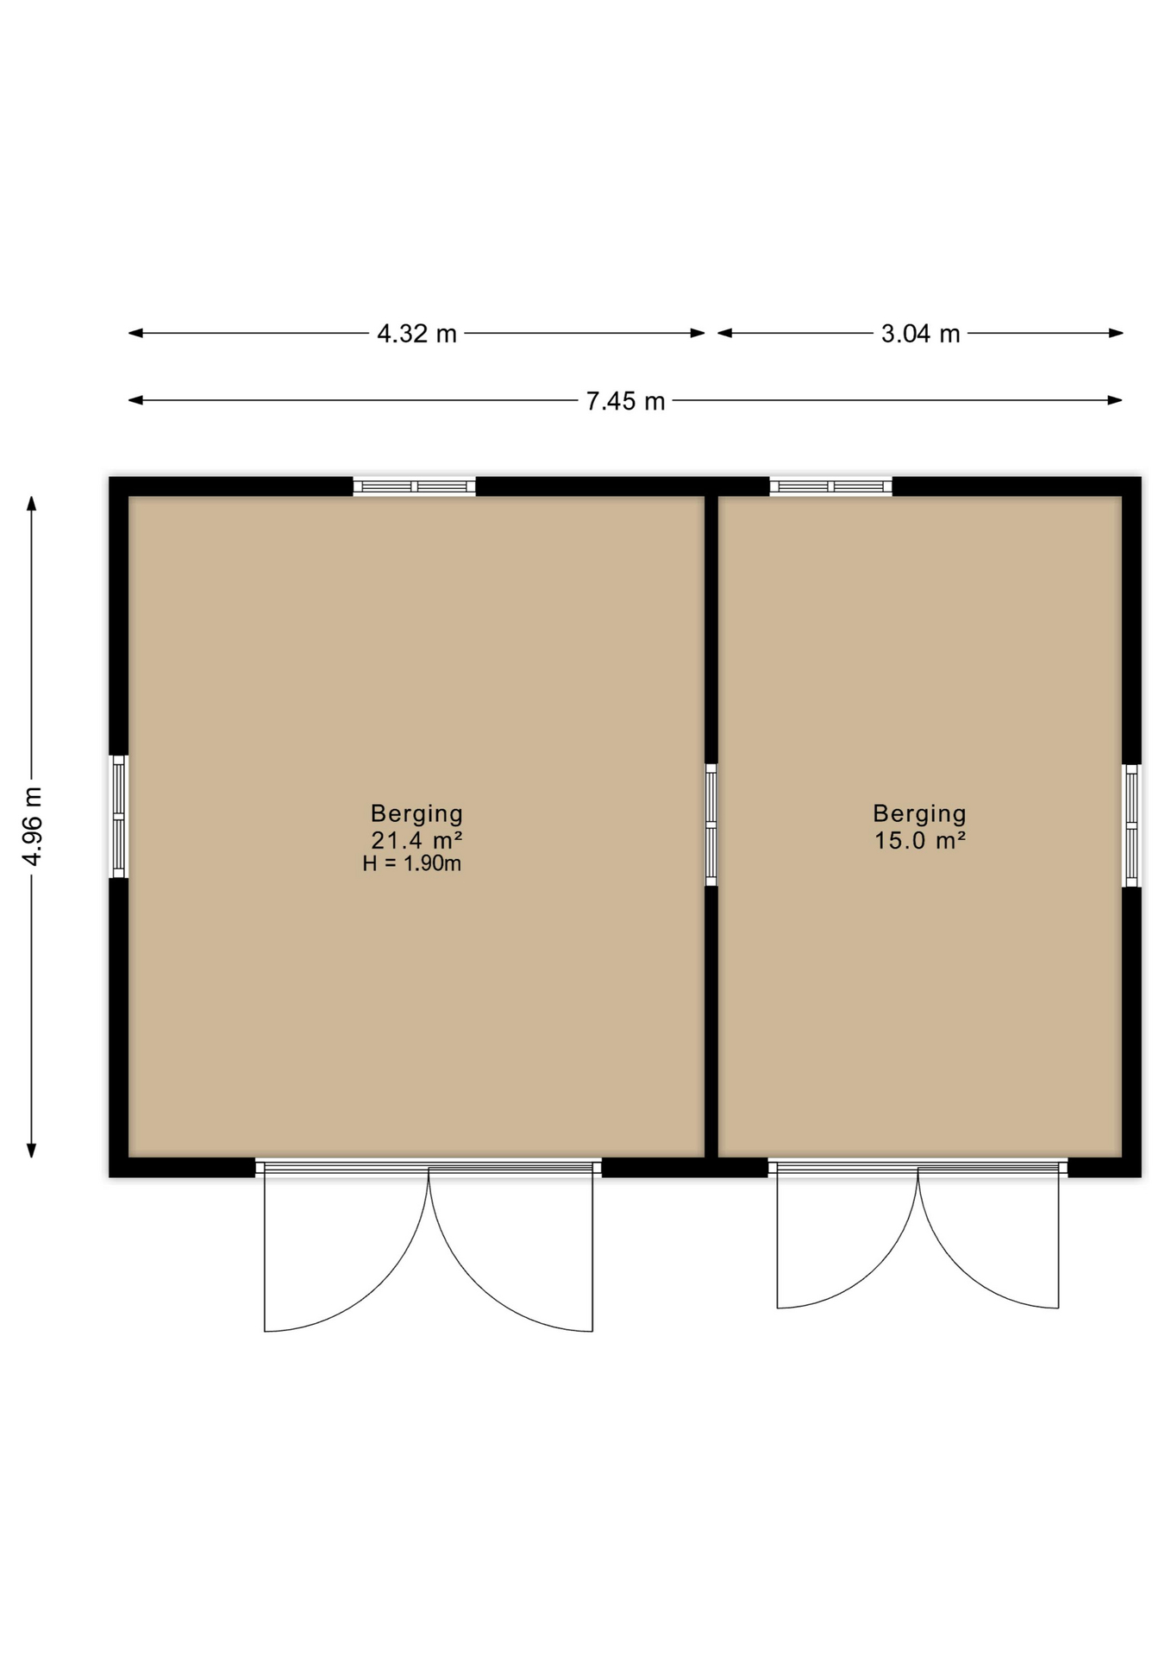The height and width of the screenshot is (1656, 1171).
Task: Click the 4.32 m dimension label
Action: [x=416, y=333]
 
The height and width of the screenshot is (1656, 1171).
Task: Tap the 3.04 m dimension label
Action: [x=920, y=333]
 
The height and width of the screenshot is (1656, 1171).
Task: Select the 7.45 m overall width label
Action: [x=625, y=401]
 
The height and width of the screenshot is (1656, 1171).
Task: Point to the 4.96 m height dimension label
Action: [x=32, y=825]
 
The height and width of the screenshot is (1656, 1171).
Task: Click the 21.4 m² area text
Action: [x=416, y=839]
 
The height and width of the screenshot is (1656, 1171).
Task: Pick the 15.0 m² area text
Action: [x=919, y=839]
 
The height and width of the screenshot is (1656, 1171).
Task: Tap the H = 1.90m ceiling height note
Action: [x=412, y=863]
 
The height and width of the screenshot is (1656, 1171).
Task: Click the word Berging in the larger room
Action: [x=416, y=813]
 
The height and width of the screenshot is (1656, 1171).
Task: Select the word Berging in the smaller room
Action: [x=919, y=813]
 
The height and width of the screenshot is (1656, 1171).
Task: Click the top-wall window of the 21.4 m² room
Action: [x=414, y=486]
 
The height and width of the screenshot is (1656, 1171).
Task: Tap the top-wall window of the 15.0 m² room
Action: [x=830, y=486]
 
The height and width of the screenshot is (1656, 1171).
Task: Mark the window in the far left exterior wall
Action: [x=119, y=817]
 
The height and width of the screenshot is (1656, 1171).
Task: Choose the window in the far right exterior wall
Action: [x=1131, y=825]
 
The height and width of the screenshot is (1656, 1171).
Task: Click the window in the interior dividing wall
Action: [x=711, y=825]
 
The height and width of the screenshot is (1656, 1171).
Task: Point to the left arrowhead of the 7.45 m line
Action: [x=135, y=400]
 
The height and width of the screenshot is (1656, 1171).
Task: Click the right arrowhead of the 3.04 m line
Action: [x=1116, y=333]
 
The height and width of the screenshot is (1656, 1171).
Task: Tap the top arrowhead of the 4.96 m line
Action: [x=32, y=504]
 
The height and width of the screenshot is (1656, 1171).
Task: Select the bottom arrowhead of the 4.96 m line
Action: [x=32, y=1151]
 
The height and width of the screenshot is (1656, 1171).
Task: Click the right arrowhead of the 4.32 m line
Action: [x=698, y=333]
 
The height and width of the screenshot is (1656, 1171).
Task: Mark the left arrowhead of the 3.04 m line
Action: [x=725, y=333]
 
